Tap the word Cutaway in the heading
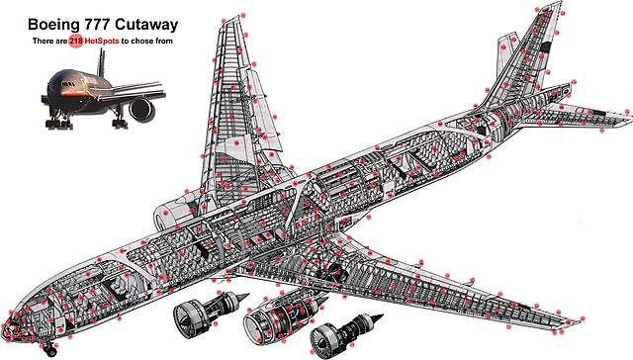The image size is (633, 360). pos(146,25)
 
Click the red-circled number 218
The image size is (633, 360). pos(76,41)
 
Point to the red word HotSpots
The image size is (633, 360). pos(101,42)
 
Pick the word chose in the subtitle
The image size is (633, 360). pos(139,42)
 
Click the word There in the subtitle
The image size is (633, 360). pos(42,42)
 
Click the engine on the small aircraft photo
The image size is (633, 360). pos(141,109)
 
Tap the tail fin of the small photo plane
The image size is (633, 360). pos(101,62)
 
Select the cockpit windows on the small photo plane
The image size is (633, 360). pos(68,84)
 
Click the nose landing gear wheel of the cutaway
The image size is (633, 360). pos(50,351)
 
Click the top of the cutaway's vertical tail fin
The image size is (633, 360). pos(558,3)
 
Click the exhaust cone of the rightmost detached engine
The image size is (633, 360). pos(376,317)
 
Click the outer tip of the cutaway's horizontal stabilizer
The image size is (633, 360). pos(629,115)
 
